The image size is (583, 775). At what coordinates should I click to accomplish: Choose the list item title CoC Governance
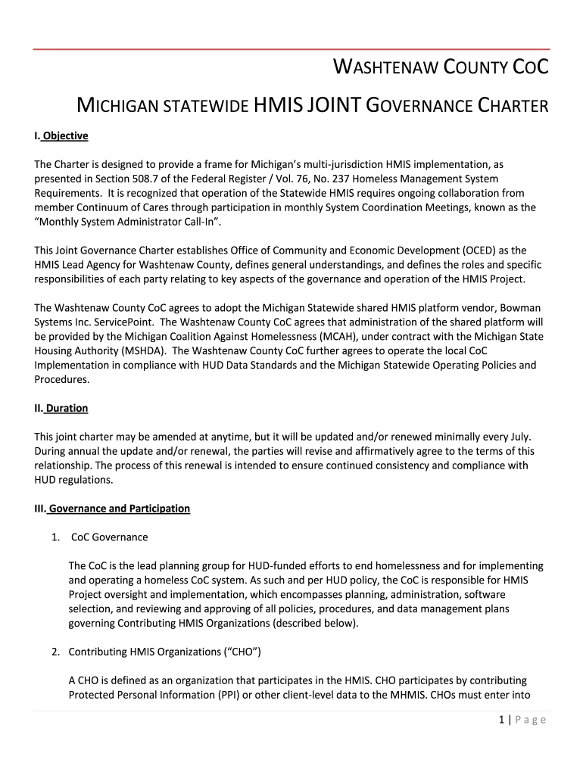(109, 537)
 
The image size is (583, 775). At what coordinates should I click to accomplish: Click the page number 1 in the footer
(502, 720)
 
